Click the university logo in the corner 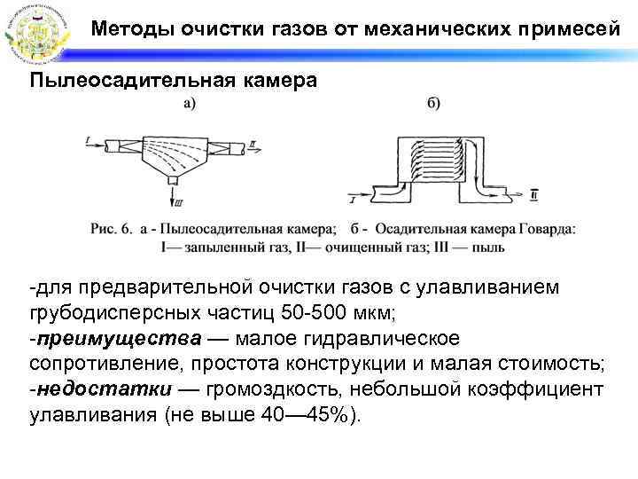(x=35, y=33)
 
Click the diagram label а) (x=190, y=104)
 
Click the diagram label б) (x=434, y=104)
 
